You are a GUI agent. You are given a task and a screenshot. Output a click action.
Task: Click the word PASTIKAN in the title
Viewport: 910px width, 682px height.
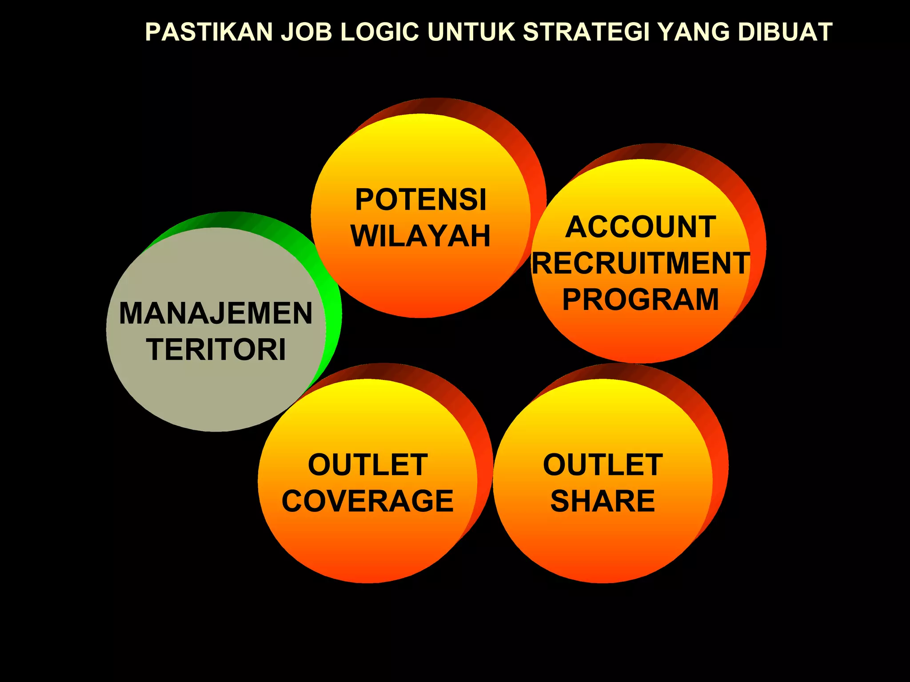click(x=209, y=32)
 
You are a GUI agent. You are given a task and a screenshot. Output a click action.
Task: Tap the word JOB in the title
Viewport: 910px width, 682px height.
click(x=307, y=32)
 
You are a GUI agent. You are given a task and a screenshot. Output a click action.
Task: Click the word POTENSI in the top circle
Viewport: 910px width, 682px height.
click(x=421, y=200)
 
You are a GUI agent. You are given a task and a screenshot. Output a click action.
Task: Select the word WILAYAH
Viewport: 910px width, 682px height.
click(x=420, y=236)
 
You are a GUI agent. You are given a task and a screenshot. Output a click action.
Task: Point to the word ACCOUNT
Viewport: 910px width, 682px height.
click(x=640, y=227)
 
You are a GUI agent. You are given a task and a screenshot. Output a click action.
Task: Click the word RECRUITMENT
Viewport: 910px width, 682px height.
click(x=641, y=263)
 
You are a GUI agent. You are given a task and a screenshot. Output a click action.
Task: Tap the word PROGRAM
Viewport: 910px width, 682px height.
click(x=640, y=300)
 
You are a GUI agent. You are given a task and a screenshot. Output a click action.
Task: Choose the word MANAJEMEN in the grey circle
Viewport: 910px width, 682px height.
click(x=216, y=313)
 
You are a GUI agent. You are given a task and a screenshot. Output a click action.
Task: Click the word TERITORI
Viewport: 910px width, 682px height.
click(x=216, y=350)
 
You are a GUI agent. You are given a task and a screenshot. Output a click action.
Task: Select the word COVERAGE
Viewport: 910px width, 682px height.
click(x=367, y=501)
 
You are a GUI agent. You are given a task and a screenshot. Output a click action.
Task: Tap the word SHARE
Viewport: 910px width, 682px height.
click(x=603, y=501)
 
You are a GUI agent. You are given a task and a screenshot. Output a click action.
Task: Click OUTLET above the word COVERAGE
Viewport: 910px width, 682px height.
click(x=367, y=465)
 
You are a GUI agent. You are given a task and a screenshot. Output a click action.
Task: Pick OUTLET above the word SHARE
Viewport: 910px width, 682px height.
click(x=603, y=465)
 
